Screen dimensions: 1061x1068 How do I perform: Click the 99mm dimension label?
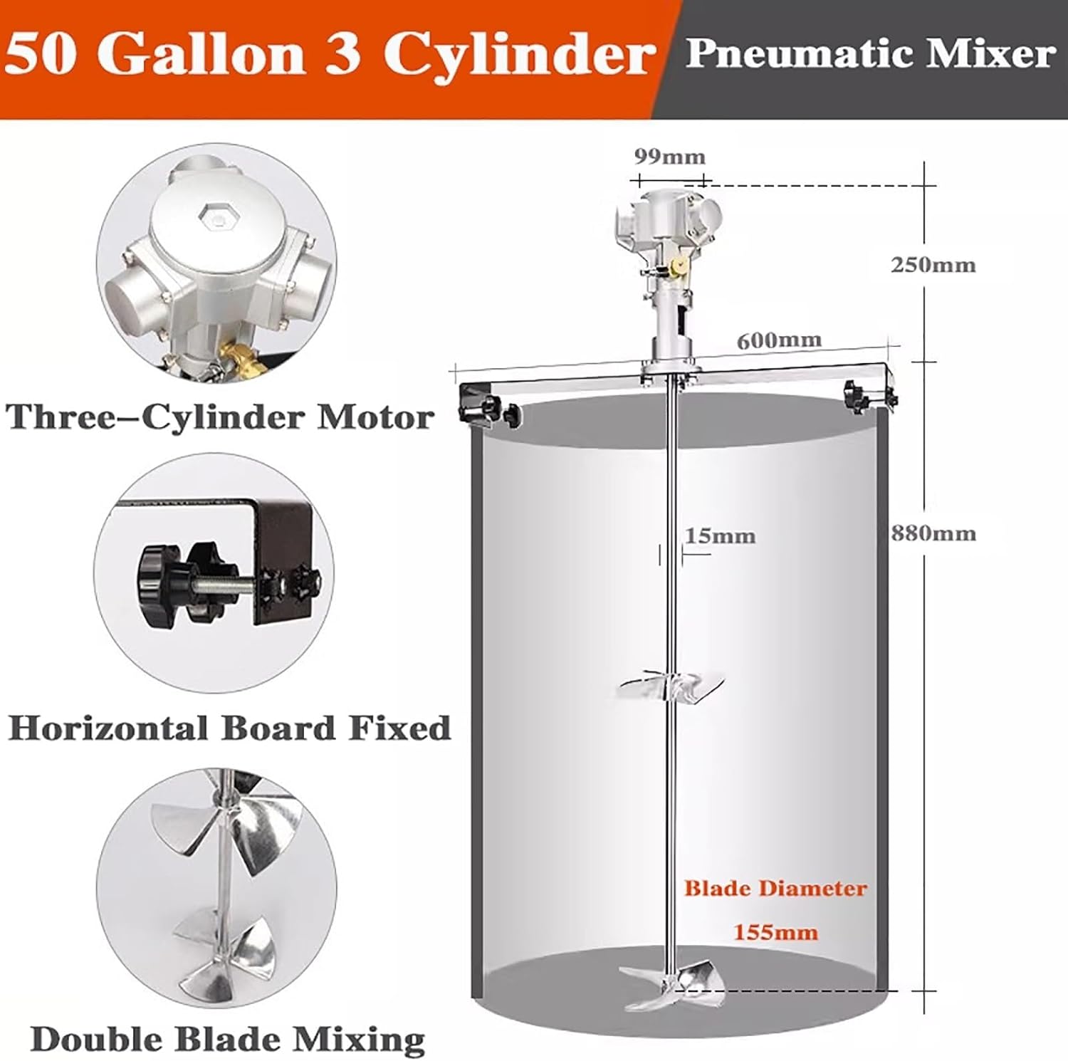669,157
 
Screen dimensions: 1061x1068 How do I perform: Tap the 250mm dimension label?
933,265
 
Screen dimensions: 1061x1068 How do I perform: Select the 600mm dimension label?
778,340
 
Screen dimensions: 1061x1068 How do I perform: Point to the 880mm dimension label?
933,533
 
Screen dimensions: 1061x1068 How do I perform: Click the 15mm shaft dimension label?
720,535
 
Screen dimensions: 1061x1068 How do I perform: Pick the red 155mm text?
775,932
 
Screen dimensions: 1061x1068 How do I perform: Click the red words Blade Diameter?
775,888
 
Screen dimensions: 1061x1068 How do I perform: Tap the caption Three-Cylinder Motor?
220,417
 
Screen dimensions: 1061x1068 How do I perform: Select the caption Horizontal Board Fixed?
229,728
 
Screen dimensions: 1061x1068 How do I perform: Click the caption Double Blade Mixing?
228,1039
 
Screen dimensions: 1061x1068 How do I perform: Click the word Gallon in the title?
201,54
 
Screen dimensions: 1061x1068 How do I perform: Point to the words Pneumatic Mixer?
870,54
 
